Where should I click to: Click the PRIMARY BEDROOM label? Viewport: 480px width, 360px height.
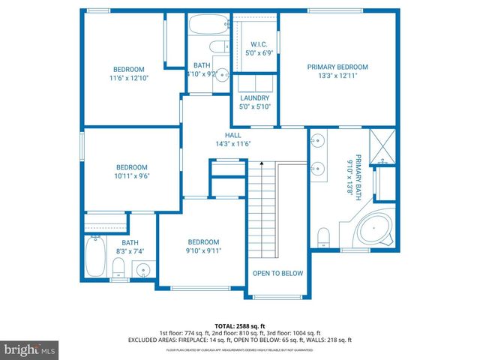337,67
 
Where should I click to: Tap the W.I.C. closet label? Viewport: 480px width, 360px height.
258,44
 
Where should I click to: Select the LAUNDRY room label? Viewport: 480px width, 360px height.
254,98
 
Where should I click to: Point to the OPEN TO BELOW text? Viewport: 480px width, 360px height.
277,274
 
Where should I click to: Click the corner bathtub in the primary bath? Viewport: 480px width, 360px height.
369,228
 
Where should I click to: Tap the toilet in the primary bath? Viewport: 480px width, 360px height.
324,237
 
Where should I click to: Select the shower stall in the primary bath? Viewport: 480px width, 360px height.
384,148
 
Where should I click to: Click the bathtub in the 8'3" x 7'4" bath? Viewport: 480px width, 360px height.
94,257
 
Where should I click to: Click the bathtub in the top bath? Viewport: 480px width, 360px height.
203,24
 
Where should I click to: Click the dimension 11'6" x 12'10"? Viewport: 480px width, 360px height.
128,77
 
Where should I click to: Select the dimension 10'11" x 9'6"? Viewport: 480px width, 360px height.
131,176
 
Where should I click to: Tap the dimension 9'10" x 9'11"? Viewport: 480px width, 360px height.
203,251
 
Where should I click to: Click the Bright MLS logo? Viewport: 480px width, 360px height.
29,349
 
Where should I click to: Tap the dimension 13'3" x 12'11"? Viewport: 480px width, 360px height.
337,76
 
